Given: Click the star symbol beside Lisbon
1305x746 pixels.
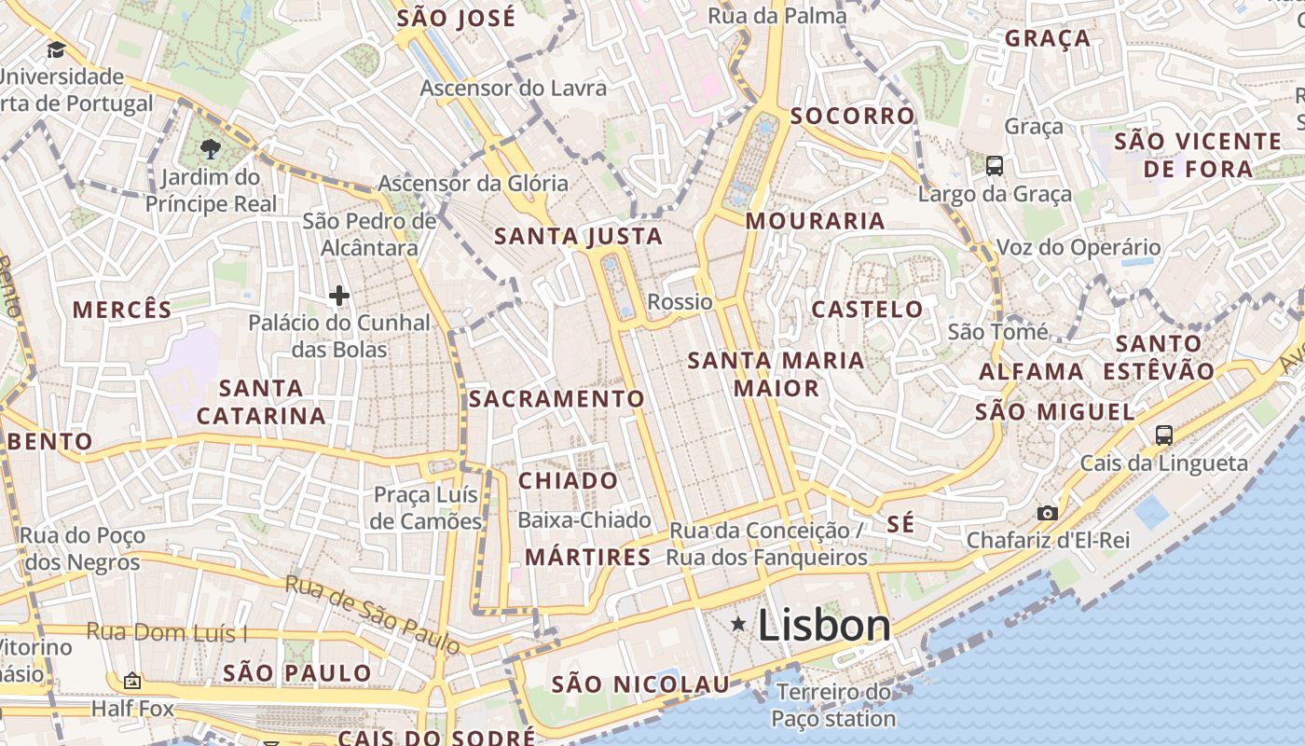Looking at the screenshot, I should click(738, 623).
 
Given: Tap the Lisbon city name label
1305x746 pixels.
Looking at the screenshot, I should click(824, 625).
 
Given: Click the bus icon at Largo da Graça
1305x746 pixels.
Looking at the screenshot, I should click(995, 166).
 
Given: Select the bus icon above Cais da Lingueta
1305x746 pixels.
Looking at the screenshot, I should click(1163, 435).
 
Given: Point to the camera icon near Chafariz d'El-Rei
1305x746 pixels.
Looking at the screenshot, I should click(1048, 513).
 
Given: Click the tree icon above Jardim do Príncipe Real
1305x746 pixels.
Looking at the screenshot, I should click(211, 147).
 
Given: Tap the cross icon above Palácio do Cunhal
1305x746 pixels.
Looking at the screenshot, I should click(339, 296).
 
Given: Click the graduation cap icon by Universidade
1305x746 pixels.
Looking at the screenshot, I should click(57, 49).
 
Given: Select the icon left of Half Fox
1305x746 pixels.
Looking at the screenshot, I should click(131, 682).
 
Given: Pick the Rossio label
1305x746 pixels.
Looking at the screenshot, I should click(680, 301).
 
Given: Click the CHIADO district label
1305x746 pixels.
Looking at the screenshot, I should click(568, 481).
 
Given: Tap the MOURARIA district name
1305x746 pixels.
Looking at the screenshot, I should click(816, 221).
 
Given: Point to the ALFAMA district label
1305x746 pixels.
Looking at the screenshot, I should click(1031, 371).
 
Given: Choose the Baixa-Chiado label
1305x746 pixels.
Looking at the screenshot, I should click(584, 519).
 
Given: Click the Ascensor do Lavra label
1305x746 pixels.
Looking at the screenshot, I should click(514, 89).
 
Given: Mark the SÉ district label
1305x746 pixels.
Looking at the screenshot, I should click(900, 524).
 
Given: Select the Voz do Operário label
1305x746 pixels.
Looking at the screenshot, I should click(1078, 247).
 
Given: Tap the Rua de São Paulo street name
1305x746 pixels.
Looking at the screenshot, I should click(373, 614).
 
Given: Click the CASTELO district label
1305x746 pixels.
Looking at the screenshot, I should click(867, 309).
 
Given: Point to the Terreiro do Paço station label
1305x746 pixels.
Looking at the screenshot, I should click(833, 705).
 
